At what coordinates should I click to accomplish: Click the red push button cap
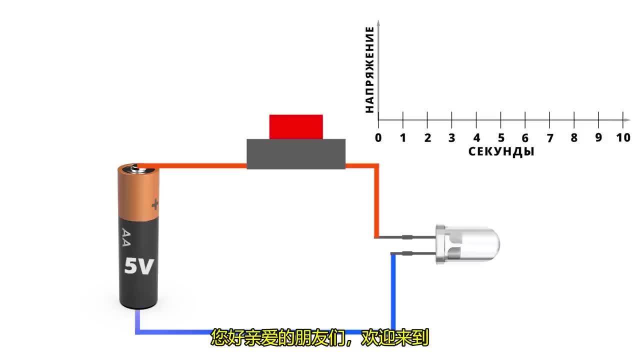[x=296, y=126]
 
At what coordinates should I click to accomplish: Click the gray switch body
[x=296, y=153]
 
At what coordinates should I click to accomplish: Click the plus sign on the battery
[x=155, y=203]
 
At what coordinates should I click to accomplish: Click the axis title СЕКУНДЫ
[x=501, y=152]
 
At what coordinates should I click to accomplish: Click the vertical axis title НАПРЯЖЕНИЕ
[x=369, y=70]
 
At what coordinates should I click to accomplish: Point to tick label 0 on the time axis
[x=378, y=138]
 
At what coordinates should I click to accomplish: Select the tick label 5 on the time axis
[x=501, y=138]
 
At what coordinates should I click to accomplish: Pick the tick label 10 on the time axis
[x=623, y=138]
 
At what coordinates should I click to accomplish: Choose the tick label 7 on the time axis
[x=550, y=138]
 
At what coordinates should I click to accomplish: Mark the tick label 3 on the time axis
[x=451, y=138]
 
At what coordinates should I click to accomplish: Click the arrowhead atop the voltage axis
[x=378, y=24]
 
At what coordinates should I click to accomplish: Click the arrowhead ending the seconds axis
[x=627, y=119]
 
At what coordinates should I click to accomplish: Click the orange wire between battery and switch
[x=200, y=166]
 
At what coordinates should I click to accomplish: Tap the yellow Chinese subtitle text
[x=320, y=338]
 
